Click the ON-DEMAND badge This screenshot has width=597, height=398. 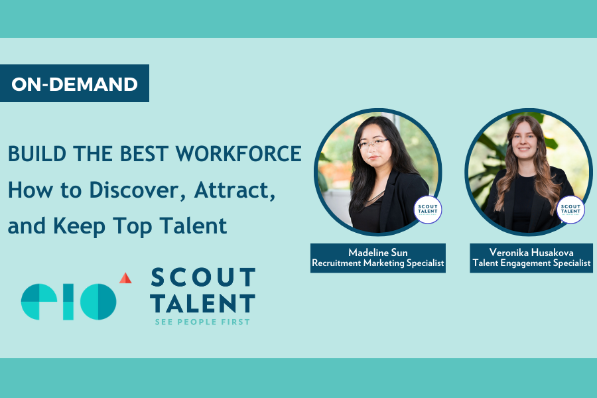click(74, 84)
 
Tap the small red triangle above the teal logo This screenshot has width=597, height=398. click(125, 278)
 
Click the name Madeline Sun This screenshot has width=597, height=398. click(378, 253)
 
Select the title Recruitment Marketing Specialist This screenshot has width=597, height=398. click(378, 264)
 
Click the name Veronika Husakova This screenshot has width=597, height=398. click(531, 253)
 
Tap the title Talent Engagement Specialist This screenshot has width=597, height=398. click(531, 264)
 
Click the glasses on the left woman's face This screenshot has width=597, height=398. click(373, 144)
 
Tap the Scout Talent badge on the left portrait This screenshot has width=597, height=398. click(428, 209)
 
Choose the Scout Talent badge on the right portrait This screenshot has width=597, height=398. click(570, 209)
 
